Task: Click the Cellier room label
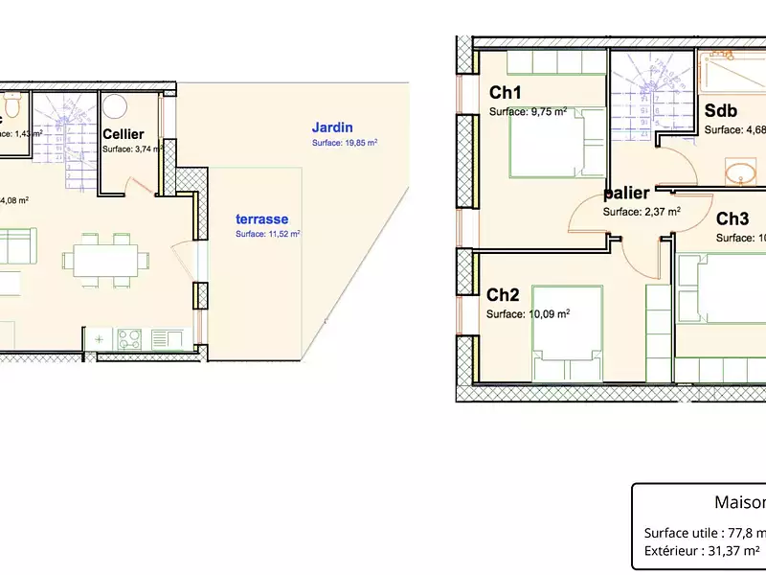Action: [124, 134]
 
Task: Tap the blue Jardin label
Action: [332, 126]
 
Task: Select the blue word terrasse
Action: [261, 218]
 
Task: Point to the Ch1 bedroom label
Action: [505, 93]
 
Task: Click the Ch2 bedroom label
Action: [503, 295]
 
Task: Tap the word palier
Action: [627, 194]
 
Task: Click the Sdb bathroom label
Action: [719, 110]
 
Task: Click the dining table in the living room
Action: [106, 260]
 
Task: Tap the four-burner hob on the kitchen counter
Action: [130, 338]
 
